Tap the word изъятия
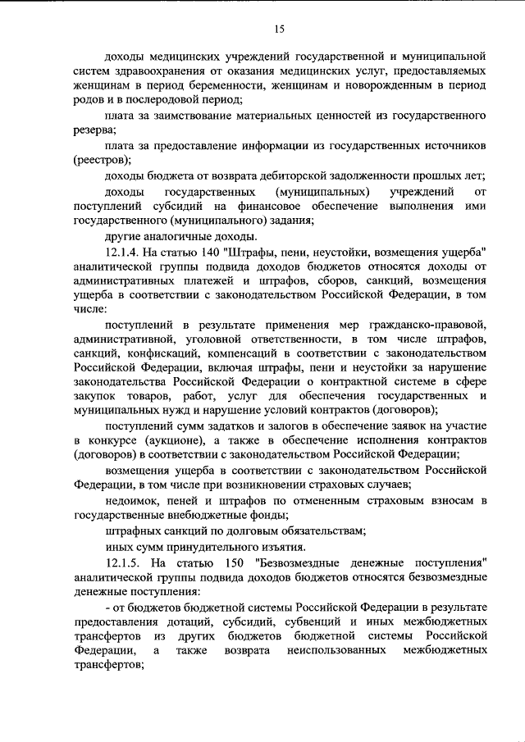coord(262,547)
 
